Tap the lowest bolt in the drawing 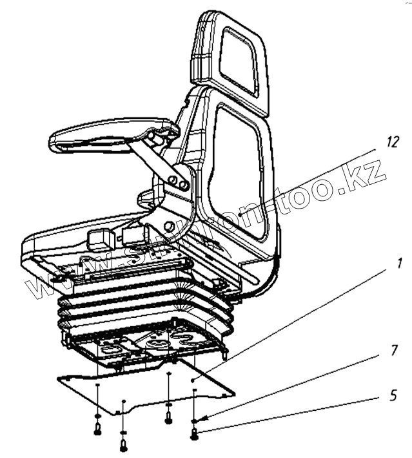point(123,444)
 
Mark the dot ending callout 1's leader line point(193,380)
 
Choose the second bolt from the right point(168,417)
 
